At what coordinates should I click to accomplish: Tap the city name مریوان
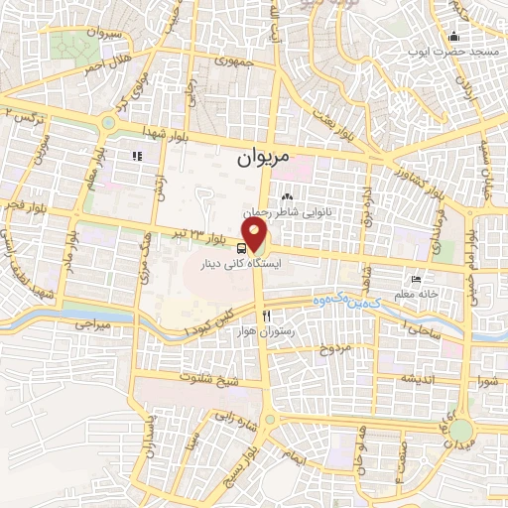(266, 158)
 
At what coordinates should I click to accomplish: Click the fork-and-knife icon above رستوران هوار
(266, 317)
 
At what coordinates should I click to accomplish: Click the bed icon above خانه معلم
(416, 280)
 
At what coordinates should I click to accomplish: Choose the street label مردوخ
(334, 350)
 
